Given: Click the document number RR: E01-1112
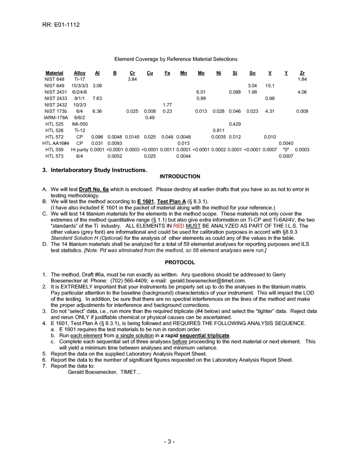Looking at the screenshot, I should [61, 25].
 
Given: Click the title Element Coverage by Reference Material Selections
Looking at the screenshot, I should [176, 59].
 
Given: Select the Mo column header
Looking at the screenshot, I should [201, 73].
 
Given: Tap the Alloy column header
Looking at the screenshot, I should [80, 73].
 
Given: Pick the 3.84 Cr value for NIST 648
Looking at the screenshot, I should [132, 79].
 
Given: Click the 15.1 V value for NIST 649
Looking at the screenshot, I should [269, 86].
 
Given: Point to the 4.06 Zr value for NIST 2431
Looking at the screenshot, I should [302, 92].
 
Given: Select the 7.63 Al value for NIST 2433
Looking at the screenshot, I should [97, 99].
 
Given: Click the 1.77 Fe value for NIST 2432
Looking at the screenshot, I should [167, 105].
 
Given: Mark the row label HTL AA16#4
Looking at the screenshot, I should [55, 143].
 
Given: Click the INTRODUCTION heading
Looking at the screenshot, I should [180, 177].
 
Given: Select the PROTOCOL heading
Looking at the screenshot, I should [180, 262].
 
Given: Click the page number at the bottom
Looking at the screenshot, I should [169, 442].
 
